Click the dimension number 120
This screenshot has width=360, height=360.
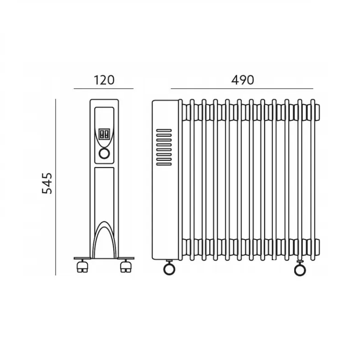click(104, 80)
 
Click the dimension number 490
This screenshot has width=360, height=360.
click(242, 80)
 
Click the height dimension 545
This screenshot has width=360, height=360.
click(47, 183)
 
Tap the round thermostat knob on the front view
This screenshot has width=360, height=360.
click(104, 154)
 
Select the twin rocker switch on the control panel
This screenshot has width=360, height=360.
click(104, 134)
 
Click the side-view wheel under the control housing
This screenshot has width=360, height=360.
click(169, 269)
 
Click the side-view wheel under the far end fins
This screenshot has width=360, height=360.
click(300, 270)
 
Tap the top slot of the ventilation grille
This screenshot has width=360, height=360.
click(164, 131)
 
